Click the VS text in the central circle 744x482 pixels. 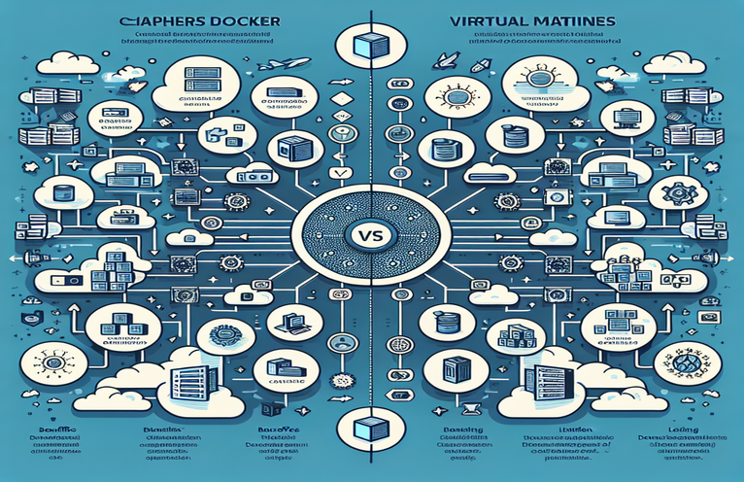[x=372, y=236]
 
